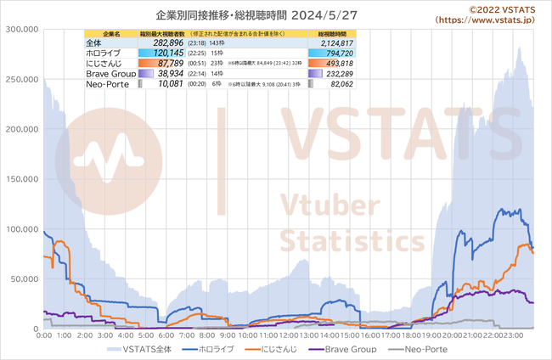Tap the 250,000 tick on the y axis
(x=20, y=79)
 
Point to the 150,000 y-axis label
(x=20, y=129)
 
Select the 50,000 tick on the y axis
(x=23, y=278)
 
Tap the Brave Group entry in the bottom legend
(x=348, y=349)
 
